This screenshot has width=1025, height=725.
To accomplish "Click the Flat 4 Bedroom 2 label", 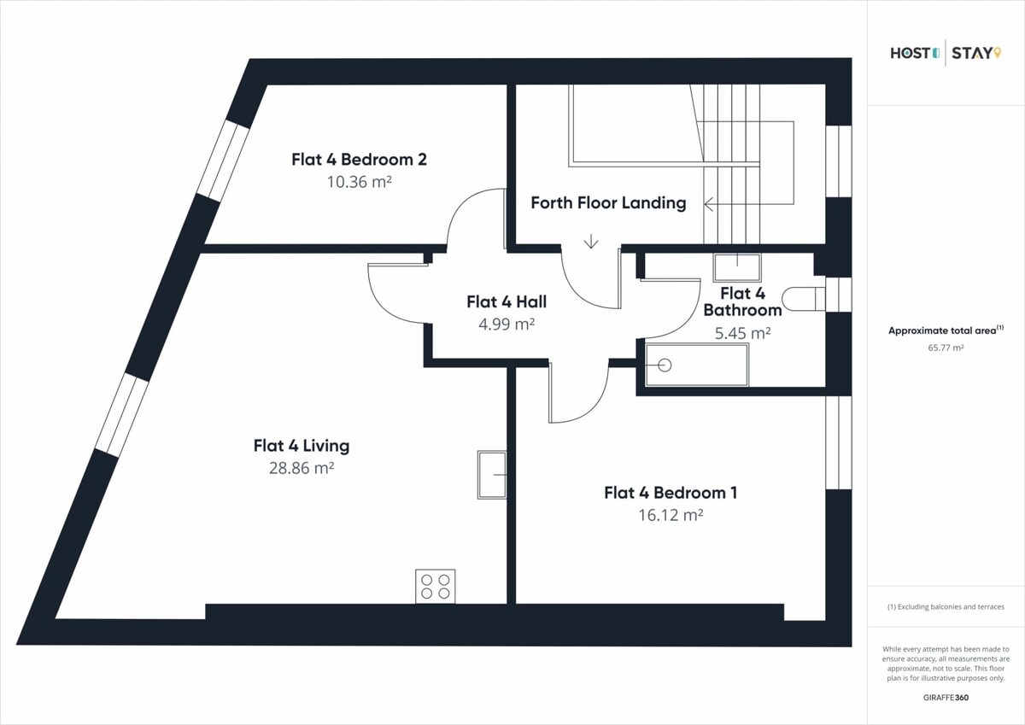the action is tap(360, 159).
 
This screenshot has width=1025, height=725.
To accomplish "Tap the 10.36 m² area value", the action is tap(360, 182).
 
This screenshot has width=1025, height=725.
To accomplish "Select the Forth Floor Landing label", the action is tap(608, 202).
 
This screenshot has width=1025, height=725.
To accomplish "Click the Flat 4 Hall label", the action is tap(507, 302).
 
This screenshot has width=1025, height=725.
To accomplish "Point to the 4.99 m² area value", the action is tap(507, 324).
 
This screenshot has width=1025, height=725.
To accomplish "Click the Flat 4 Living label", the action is tap(302, 446).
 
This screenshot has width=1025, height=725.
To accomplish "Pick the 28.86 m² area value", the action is tap(302, 468).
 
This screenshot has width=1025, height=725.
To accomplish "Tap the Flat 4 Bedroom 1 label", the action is tap(671, 493).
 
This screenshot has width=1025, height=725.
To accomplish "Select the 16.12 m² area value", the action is tap(671, 515).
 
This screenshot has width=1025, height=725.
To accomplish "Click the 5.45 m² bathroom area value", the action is tap(742, 333).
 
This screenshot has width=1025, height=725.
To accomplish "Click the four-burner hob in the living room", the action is tap(435, 586).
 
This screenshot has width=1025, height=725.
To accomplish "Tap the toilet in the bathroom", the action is tap(804, 299).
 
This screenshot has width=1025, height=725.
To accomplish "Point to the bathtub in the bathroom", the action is tap(696, 365).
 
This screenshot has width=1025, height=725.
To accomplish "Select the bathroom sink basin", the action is tap(736, 267).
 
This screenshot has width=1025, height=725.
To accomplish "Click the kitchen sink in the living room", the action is tap(492, 475).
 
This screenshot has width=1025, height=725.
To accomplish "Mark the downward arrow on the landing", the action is tap(591, 241).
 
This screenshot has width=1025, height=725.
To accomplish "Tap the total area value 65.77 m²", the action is tap(946, 348).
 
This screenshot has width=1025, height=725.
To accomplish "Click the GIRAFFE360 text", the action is tap(946, 698).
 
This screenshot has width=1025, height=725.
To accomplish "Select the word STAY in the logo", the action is tap(972, 54).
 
